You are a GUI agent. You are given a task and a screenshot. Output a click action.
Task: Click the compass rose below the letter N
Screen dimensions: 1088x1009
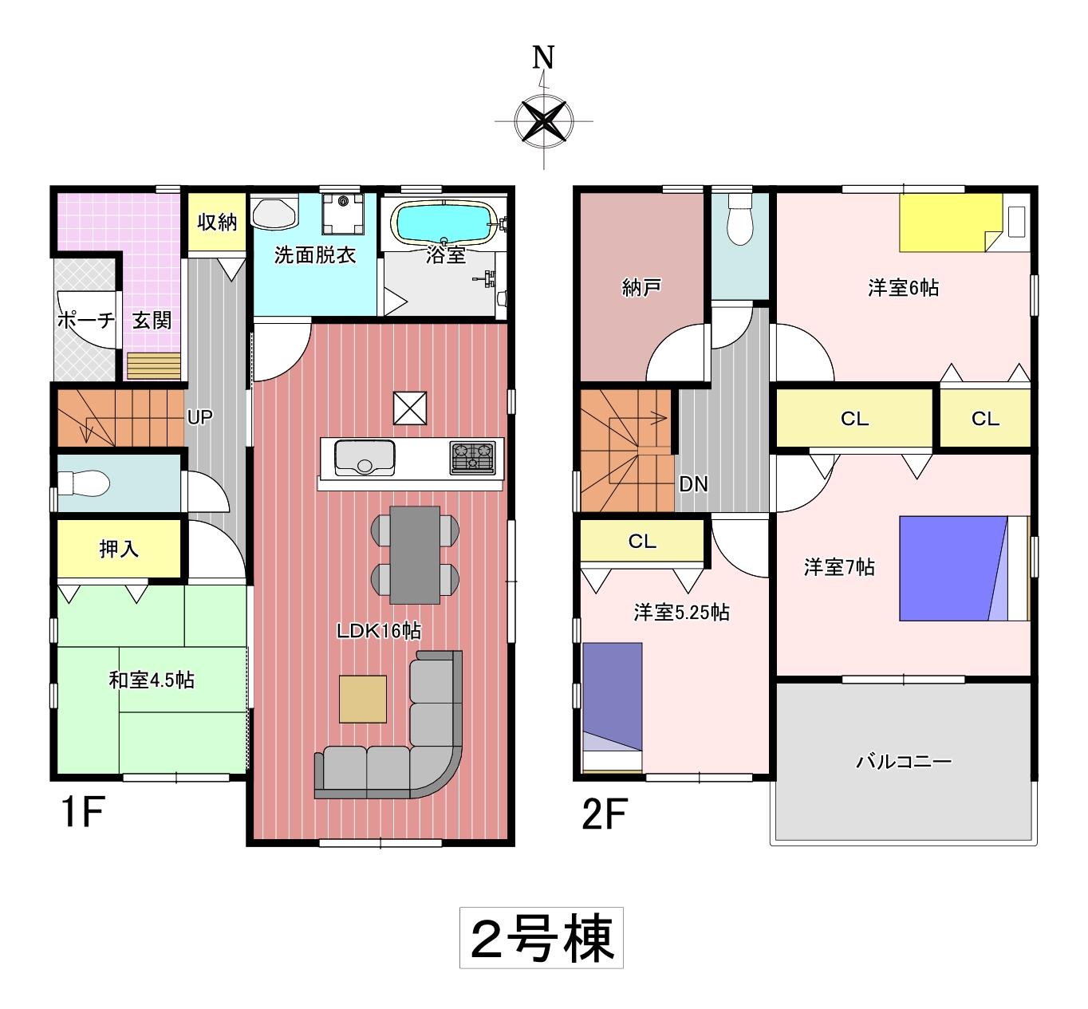click(x=543, y=121)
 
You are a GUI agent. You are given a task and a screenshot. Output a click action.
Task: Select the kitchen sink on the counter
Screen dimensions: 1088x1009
click(x=365, y=457)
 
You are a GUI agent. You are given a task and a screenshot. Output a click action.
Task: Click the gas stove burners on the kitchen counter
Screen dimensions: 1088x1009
click(x=472, y=458)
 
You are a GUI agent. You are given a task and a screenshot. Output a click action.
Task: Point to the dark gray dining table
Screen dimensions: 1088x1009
click(x=415, y=554)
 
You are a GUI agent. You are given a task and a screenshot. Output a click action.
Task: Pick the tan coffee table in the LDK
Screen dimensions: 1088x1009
click(x=363, y=699)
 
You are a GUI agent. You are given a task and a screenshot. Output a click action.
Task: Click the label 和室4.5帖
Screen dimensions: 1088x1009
click(x=152, y=680)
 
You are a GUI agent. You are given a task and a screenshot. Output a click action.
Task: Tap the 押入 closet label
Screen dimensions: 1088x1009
click(x=119, y=549)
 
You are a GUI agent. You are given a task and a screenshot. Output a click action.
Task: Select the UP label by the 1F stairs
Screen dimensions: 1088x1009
click(x=199, y=417)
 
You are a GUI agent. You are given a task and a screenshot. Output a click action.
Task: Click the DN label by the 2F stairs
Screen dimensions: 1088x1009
click(x=693, y=484)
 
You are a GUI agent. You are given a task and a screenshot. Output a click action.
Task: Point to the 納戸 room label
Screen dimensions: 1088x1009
click(x=641, y=287)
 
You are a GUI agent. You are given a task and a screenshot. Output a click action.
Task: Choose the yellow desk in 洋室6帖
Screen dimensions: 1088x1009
click(x=951, y=223)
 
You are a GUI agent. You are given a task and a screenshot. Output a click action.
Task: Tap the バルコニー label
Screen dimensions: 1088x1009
click(x=904, y=761)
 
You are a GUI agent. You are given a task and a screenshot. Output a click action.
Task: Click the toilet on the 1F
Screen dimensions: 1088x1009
click(x=83, y=483)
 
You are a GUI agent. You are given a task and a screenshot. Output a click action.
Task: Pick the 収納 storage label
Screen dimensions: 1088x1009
click(x=218, y=222)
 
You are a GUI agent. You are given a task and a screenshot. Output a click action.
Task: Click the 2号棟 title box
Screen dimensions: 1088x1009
click(x=542, y=938)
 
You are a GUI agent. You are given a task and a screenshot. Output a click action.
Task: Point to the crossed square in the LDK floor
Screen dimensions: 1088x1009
click(x=410, y=408)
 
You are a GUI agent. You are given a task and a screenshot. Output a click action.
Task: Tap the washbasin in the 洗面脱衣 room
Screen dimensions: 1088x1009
click(x=274, y=214)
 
